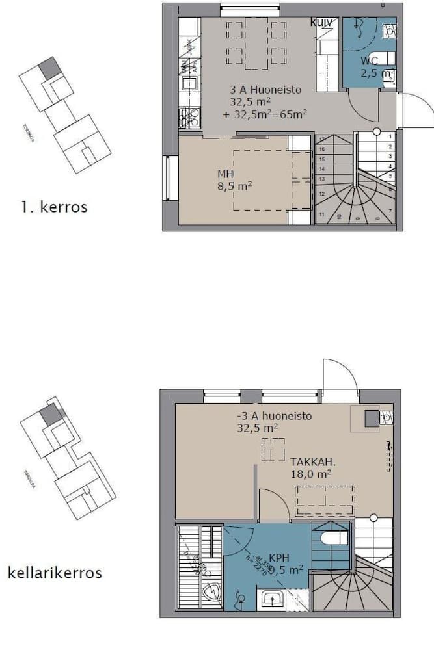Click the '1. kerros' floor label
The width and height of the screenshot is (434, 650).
click(55, 207)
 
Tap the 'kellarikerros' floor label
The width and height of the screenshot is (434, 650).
click(55, 573)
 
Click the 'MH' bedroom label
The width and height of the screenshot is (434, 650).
click(225, 174)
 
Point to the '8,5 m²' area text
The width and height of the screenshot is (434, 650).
click(234, 186)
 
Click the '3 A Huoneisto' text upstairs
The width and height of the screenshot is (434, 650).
click(265, 90)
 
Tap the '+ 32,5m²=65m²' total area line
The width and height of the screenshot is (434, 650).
click(265, 114)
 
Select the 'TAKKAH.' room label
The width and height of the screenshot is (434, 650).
click(313, 462)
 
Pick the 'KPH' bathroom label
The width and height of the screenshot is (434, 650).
click(278, 558)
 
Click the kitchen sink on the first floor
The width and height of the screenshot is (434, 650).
click(189, 83)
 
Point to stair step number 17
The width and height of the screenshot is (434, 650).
click(321, 140)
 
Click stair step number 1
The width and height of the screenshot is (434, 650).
click(389, 136)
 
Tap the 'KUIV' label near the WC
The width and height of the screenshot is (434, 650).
click(321, 23)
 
